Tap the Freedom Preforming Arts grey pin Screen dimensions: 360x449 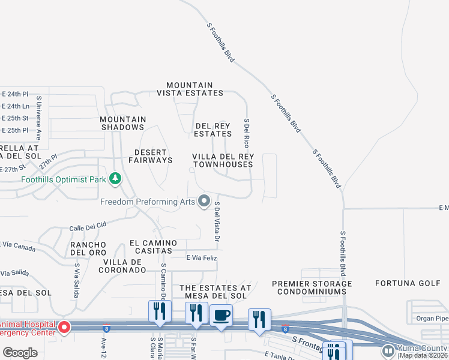pos(205,201)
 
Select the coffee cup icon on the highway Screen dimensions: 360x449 pos(221,315)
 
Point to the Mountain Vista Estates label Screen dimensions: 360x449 pos(190,89)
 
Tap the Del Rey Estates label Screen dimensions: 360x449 pos(213,130)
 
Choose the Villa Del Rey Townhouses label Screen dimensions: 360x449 pos(223,160)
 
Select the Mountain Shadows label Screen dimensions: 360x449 pos(122,123)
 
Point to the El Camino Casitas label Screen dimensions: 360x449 pos(154,247)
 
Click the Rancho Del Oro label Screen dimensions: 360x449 pos(88,248)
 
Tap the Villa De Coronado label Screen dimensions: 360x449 pos(124,266)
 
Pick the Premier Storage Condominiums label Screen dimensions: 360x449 pos(312,287)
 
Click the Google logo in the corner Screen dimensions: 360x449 pos(20,353)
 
